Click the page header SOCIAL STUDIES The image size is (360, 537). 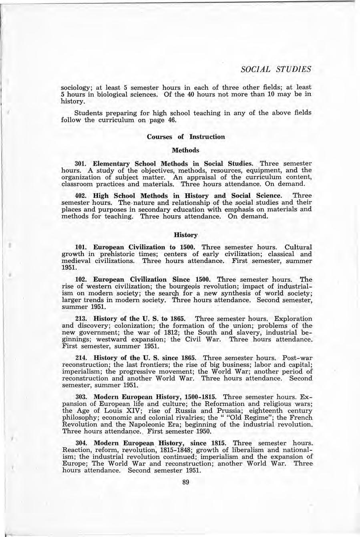click(276, 69)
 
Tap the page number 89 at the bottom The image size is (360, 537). click(185, 482)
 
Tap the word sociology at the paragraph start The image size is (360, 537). click(76, 87)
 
